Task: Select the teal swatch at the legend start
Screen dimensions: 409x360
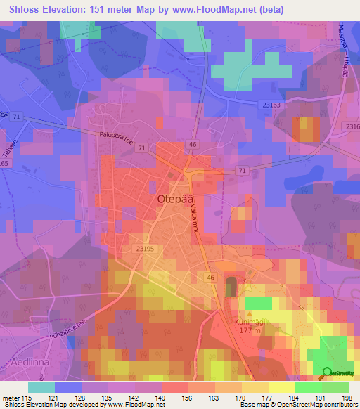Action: [41, 387]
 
